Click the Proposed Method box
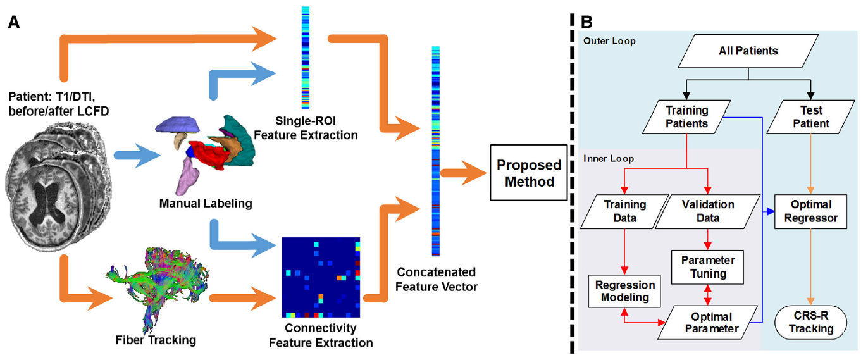pos(528,173)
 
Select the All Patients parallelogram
pos(748,51)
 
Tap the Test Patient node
pos(810,117)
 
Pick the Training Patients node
pos(686,117)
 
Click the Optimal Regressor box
pos(810,211)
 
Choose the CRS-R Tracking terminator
pos(810,323)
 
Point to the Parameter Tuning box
pos(707,267)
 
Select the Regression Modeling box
pos(624,292)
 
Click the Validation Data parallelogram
pos(707,211)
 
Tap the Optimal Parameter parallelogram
pos(708,323)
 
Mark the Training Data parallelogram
pos(624,211)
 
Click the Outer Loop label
pos(609,41)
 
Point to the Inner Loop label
pos(609,159)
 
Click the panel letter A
pos(14,23)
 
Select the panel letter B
pos(586,22)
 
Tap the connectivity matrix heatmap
pos(321,278)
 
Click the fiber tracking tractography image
pos(157,289)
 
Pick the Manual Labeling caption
pos(206,204)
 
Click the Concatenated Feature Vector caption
pos(437,280)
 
